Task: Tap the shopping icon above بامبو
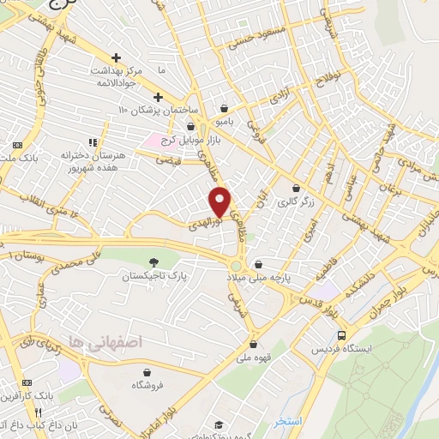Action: (224, 108)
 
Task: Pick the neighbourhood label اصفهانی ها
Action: (88, 340)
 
